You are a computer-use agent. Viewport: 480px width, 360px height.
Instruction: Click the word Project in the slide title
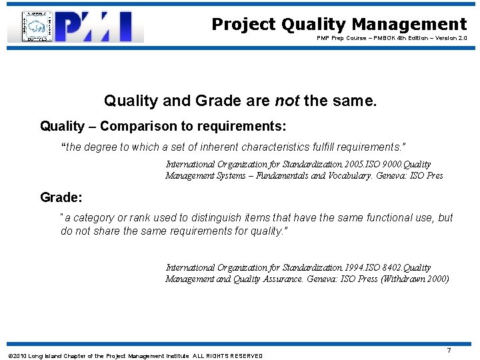(243, 25)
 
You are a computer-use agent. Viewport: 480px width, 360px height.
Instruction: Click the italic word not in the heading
(287, 101)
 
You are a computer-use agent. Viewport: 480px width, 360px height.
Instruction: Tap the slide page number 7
(449, 350)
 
